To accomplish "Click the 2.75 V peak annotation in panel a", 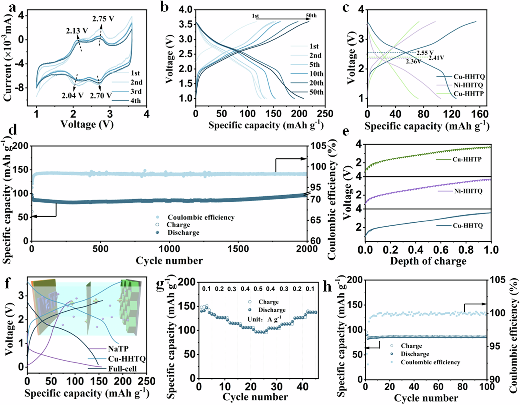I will (x=103, y=19).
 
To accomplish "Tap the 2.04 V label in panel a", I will (x=72, y=95).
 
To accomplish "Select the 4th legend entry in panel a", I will (x=135, y=101).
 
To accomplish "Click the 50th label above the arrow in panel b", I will (x=311, y=15).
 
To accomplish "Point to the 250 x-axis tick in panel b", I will (x=325, y=114).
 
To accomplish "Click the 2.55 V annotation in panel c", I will (x=425, y=53).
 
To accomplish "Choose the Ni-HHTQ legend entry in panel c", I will (x=468, y=85).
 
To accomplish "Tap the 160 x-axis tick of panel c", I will (x=480, y=114).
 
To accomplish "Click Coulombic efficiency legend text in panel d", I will (x=201, y=217).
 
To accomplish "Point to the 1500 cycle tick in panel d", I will (x=238, y=249).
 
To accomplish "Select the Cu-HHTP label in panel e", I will (x=467, y=159).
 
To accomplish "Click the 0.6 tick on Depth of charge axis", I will (x=441, y=250).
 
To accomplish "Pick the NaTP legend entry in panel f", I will (x=118, y=349).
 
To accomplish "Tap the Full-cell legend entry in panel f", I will (x=122, y=369).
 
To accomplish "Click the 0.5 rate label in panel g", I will (x=258, y=289).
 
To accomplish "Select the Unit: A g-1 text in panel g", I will (x=264, y=319).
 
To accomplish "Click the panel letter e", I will (x=346, y=131).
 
